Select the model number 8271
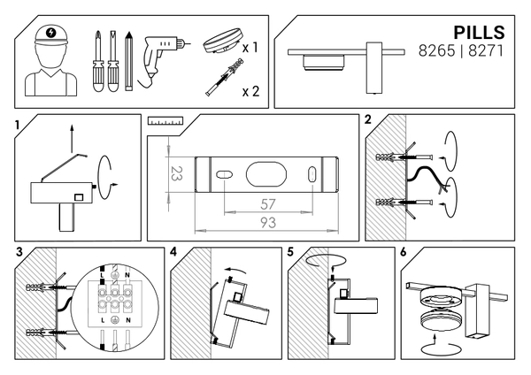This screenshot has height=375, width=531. click(x=486, y=52)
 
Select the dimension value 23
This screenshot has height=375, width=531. click(x=176, y=172)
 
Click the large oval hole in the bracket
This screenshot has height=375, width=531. click(x=266, y=173)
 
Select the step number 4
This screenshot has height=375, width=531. click(x=174, y=252)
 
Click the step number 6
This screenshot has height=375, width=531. click(x=404, y=252)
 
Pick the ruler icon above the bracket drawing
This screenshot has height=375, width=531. click(x=165, y=119)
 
